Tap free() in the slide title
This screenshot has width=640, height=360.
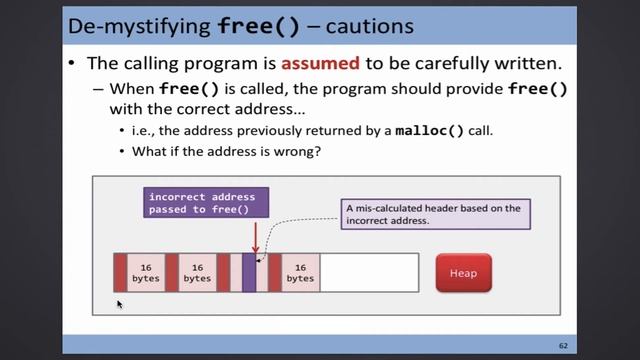[x=256, y=25]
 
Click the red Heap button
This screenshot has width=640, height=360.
[x=463, y=273]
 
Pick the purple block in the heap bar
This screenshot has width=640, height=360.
[x=249, y=273]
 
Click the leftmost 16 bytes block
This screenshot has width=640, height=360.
[x=146, y=273]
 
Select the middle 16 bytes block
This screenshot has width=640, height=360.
[x=197, y=273]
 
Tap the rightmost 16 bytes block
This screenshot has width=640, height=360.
[x=300, y=273]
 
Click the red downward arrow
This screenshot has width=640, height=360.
[x=255, y=237]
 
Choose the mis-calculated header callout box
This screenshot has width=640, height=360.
[x=435, y=215]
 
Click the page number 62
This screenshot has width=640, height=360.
[x=563, y=345]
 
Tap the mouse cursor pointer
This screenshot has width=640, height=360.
[x=119, y=303]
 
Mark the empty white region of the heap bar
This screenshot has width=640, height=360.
[x=368, y=273]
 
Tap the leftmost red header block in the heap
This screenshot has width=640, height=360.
[x=120, y=273]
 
